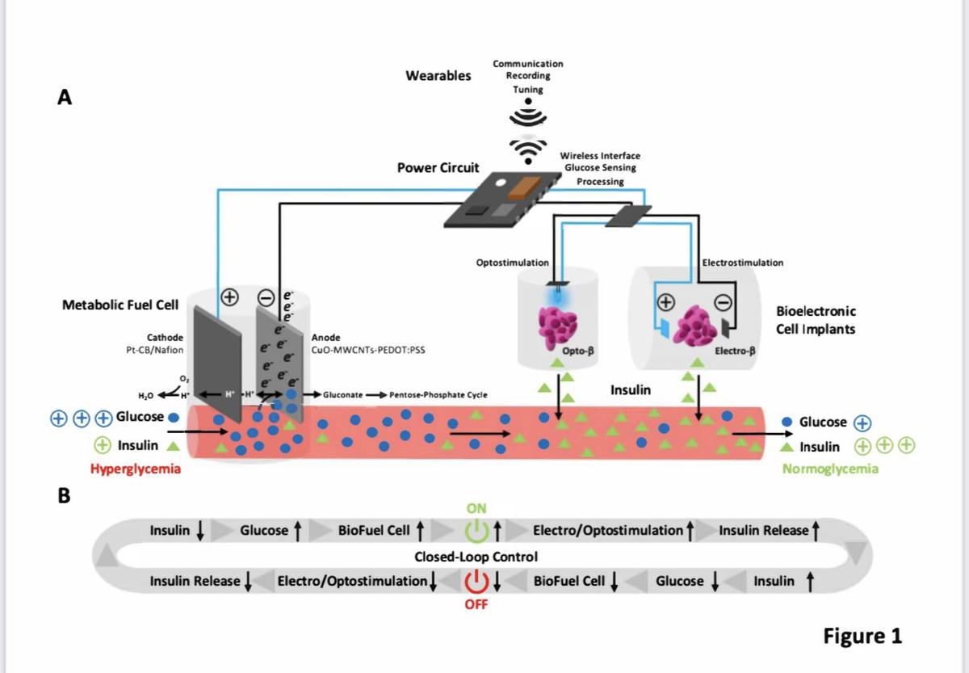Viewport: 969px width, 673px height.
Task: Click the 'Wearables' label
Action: [438, 76]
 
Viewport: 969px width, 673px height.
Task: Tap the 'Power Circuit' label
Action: [438, 168]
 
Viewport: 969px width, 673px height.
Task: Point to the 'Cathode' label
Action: [165, 337]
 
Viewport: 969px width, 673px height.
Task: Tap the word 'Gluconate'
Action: [342, 395]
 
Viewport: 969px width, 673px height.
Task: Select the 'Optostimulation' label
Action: [513, 263]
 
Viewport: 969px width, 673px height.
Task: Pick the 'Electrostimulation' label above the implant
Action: [743, 263]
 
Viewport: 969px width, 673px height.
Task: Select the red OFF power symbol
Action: [477, 581]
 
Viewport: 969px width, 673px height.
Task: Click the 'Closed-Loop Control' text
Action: [476, 557]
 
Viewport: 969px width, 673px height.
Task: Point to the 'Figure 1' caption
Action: [862, 636]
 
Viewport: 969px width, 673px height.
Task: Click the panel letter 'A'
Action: [65, 97]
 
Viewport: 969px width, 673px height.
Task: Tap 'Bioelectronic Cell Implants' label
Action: [816, 320]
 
